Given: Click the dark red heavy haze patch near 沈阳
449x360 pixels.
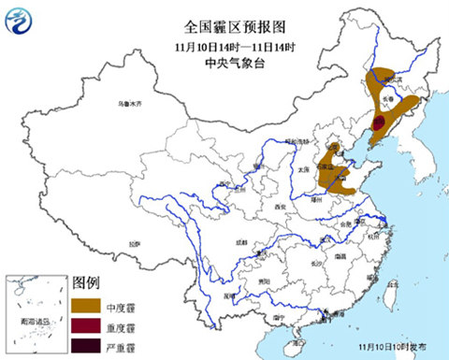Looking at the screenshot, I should coord(379,122).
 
